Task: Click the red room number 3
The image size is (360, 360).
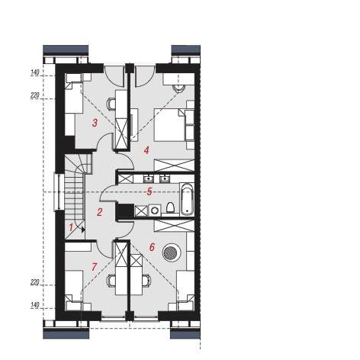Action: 95,123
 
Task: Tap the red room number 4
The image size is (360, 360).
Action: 146,150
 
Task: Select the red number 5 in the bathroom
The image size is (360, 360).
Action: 149,191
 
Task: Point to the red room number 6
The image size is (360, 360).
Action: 152,247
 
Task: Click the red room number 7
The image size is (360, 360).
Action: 95,267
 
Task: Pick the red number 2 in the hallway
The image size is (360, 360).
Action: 99,212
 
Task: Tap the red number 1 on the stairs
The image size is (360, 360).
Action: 71,227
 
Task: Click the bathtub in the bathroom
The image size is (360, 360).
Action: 187,199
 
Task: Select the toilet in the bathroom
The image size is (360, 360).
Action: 170,207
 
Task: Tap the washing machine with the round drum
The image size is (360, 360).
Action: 155,211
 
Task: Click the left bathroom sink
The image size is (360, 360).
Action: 148,178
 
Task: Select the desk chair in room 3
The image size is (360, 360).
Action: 111,104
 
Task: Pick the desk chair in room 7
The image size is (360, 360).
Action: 111,281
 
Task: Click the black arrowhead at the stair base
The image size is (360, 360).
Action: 82,230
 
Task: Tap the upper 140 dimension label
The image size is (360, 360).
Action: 35,72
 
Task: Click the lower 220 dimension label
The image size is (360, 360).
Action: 35,282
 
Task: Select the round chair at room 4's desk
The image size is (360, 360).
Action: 178,88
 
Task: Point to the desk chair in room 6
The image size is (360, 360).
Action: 146,281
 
